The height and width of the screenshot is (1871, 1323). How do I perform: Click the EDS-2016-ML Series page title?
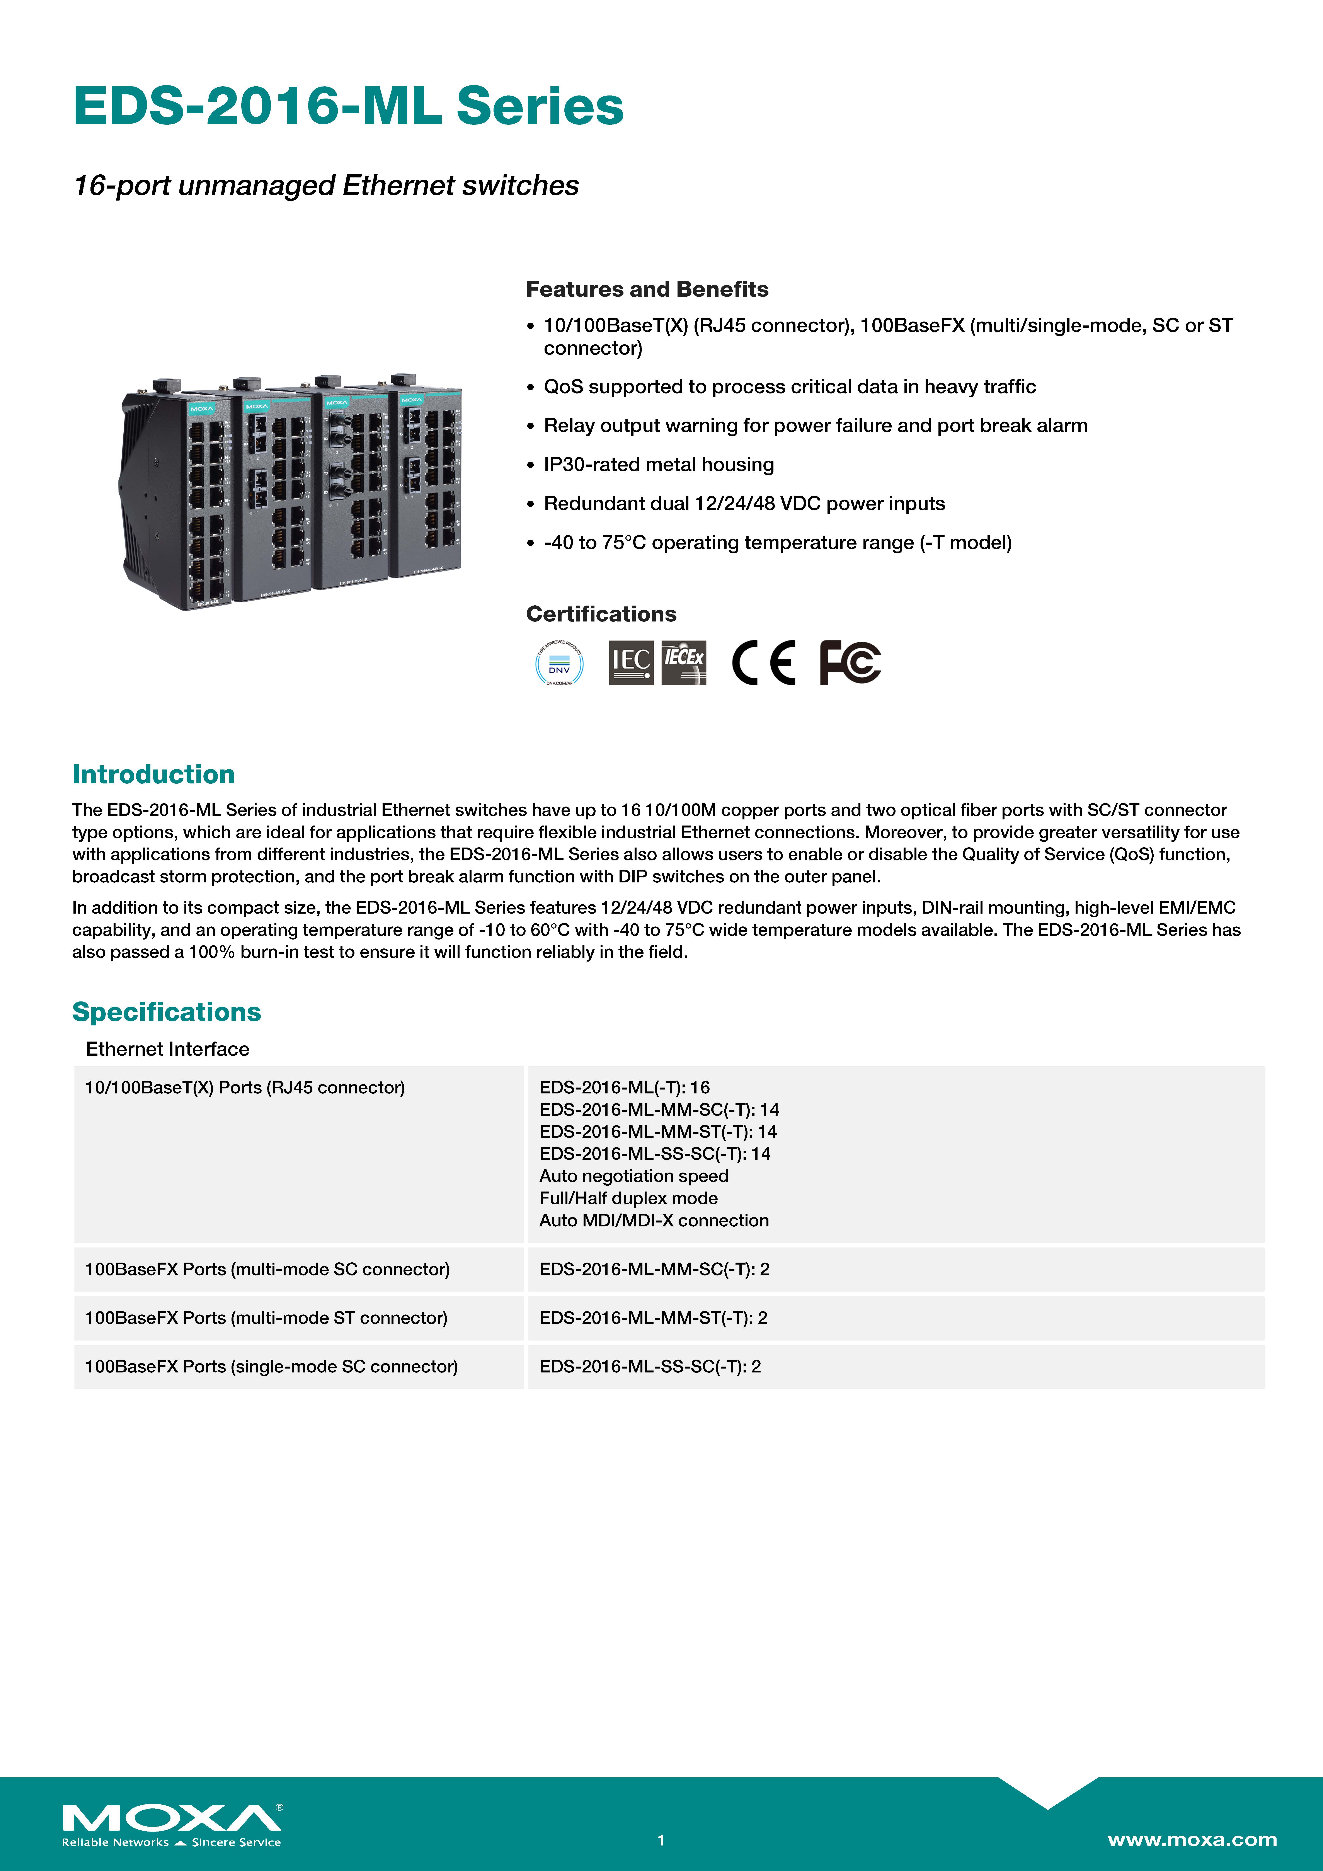pyautogui.click(x=348, y=107)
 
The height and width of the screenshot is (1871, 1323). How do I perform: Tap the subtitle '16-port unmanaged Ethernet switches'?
pyautogui.click(x=326, y=186)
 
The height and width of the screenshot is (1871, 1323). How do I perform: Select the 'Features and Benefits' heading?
pyautogui.click(x=646, y=289)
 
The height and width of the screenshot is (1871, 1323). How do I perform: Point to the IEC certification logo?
pyautogui.click(x=631, y=662)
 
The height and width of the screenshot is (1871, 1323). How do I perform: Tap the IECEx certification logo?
pyautogui.click(x=683, y=662)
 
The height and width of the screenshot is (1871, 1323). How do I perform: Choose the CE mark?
pyautogui.click(x=763, y=662)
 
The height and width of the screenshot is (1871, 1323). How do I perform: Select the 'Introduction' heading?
pyautogui.click(x=153, y=774)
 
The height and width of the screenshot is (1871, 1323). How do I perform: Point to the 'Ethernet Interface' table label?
pyautogui.click(x=167, y=1049)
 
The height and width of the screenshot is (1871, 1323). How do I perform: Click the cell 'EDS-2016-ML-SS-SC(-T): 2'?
pyautogui.click(x=650, y=1367)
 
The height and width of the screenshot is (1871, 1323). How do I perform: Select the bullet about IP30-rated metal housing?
pyautogui.click(x=659, y=465)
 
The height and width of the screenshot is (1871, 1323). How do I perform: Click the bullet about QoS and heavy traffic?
pyautogui.click(x=789, y=387)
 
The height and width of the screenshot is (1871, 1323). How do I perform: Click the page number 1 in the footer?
pyautogui.click(x=661, y=1840)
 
